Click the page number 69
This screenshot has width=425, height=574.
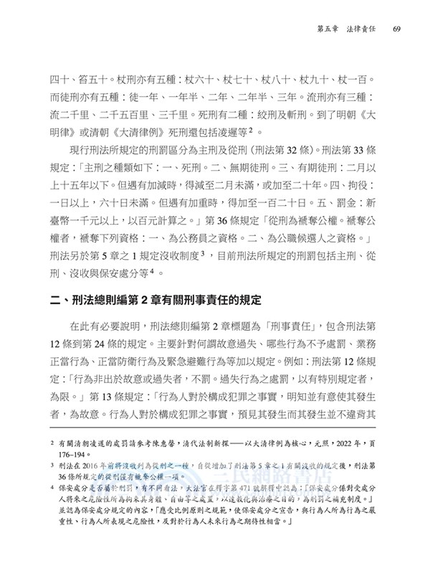(x=396, y=29)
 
